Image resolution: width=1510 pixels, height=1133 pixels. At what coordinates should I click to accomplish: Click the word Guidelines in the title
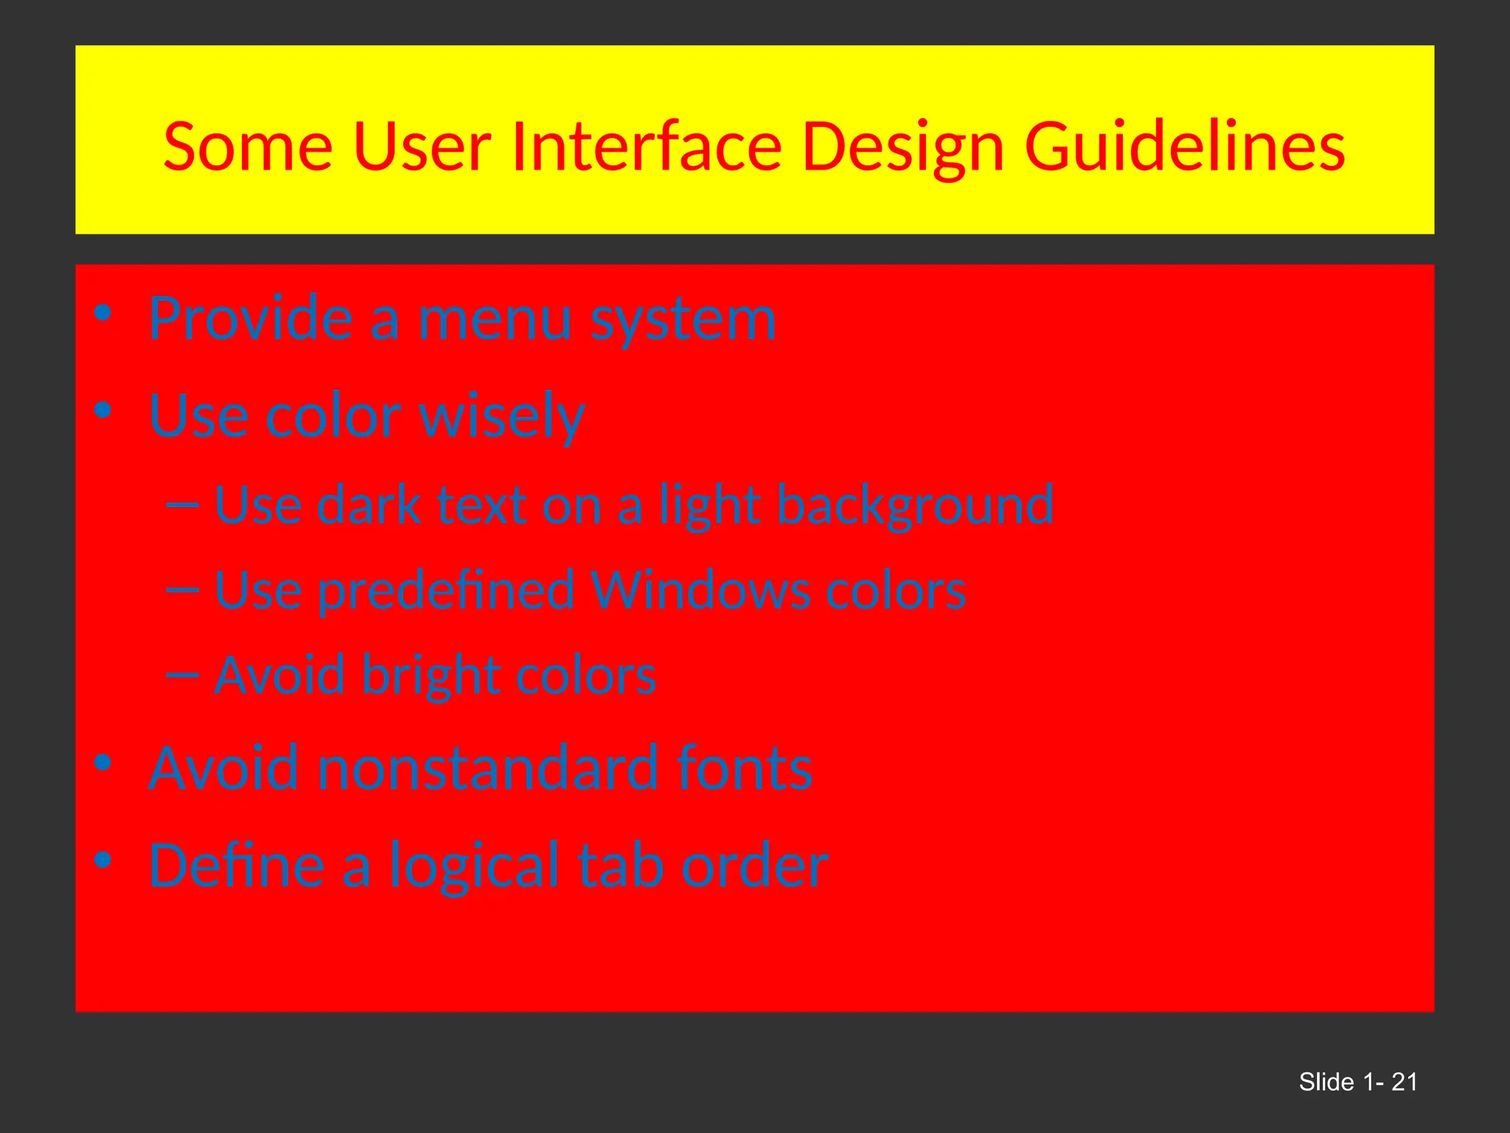pos(1185,148)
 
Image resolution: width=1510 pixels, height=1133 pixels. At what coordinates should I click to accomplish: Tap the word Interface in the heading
pos(646,148)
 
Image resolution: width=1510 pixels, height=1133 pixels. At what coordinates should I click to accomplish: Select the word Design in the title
pos(902,148)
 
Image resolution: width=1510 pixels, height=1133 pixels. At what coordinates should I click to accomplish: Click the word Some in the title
pos(248,148)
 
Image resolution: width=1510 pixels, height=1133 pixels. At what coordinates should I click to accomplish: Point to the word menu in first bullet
pos(495,319)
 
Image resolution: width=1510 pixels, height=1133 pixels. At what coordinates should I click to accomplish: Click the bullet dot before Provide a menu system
pos(103,313)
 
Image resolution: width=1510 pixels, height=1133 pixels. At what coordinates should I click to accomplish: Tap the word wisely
pos(502,417)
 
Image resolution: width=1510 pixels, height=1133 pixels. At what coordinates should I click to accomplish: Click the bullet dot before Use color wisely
pos(103,410)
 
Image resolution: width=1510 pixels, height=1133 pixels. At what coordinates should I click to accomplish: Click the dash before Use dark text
pos(183,505)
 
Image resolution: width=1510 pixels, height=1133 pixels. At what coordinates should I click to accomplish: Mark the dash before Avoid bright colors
pos(183,675)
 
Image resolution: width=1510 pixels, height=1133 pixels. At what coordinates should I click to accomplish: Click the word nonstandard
pos(487,769)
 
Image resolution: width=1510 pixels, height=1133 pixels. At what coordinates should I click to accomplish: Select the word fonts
pos(745,769)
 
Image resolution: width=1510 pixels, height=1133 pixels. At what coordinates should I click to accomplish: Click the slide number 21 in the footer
pos(1404,1082)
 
